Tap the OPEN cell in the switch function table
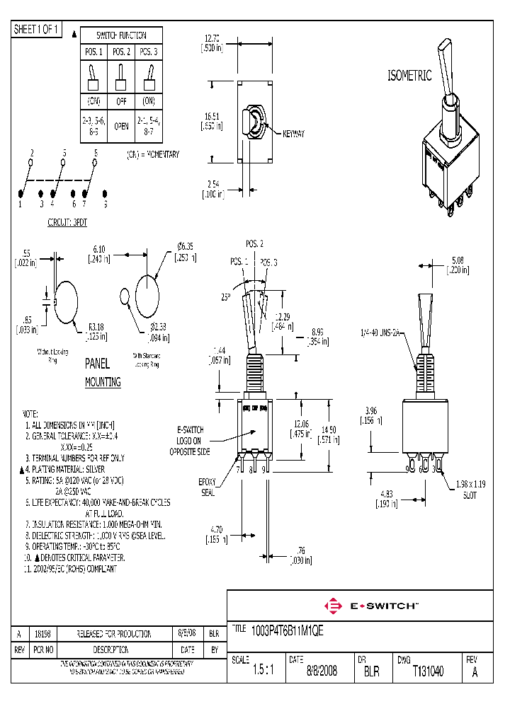tap(121, 126)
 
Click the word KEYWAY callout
tap(293, 134)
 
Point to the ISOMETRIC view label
tap(409, 76)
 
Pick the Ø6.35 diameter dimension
tap(186, 250)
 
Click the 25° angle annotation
tap(226, 298)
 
